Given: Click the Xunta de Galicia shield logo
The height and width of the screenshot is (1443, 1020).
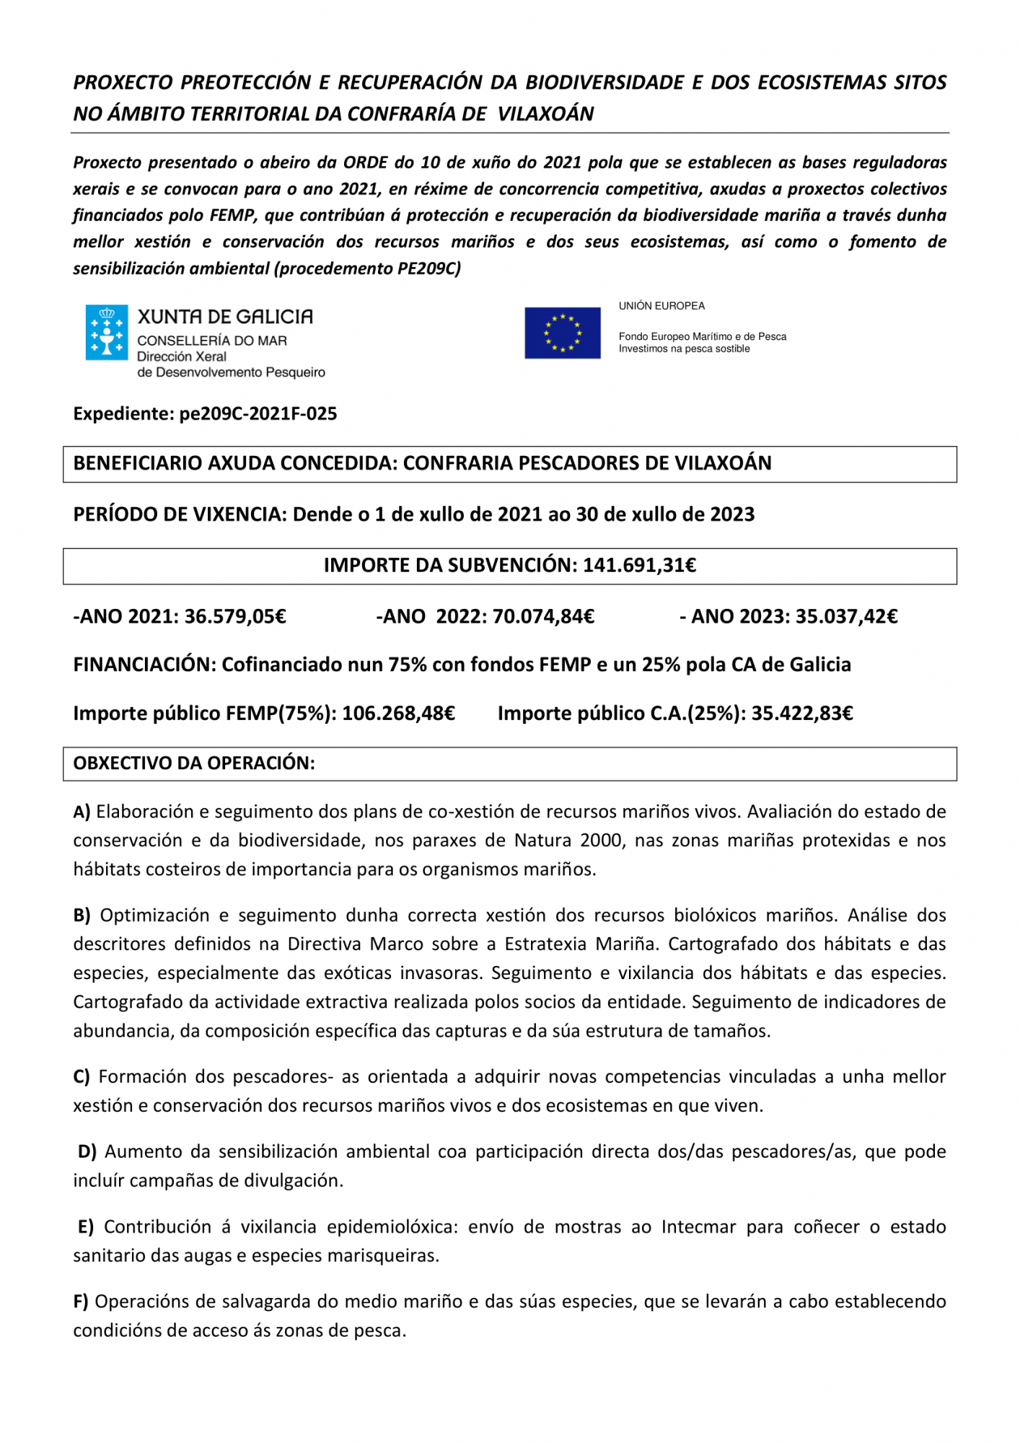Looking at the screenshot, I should pyautogui.click(x=107, y=332).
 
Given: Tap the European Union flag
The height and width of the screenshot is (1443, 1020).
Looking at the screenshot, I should pyautogui.click(x=562, y=333).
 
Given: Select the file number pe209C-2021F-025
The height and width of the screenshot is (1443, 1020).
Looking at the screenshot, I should pyautogui.click(x=258, y=414).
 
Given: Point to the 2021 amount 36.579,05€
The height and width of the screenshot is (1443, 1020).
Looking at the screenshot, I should pyautogui.click(x=235, y=617).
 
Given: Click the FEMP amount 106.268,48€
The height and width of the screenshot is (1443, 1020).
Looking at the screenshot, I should pyautogui.click(x=398, y=714).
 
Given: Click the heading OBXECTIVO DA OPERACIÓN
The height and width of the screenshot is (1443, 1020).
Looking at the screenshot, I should pyautogui.click(x=194, y=763).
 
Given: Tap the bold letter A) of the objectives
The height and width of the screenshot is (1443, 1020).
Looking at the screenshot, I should pyautogui.click(x=82, y=812).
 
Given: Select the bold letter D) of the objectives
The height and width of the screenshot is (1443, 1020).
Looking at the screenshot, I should pyautogui.click(x=87, y=1152).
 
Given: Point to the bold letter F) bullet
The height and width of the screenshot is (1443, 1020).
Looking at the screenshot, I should pyautogui.click(x=81, y=1302).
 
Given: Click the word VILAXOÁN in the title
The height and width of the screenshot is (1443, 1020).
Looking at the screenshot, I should pyautogui.click(x=545, y=114).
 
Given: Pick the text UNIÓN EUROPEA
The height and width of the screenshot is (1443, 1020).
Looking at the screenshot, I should pyautogui.click(x=661, y=306).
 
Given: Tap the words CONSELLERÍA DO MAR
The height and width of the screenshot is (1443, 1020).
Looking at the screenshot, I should pyautogui.click(x=212, y=341).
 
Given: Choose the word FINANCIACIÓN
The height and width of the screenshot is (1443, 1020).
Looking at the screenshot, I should pyautogui.click(x=144, y=665).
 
